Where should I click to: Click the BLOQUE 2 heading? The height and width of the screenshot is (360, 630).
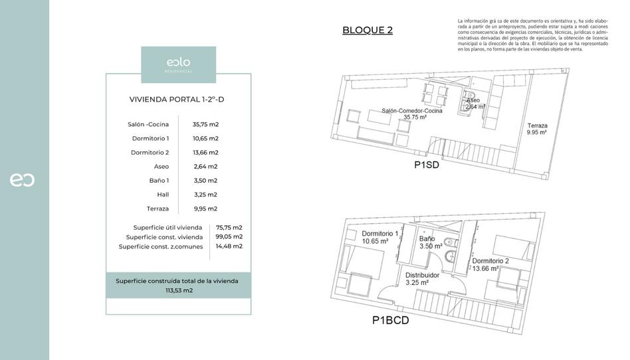(367, 30)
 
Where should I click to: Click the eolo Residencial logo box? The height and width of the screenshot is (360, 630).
(178, 64)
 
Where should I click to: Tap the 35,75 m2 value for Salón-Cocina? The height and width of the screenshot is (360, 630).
(205, 124)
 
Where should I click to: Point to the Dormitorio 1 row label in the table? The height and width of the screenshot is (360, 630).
(150, 138)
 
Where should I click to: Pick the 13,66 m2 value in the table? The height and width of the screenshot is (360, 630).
(205, 152)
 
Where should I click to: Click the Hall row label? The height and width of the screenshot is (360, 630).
(163, 195)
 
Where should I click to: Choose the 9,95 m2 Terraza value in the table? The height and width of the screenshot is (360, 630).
(205, 209)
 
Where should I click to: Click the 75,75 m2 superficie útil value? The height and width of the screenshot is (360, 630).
(229, 227)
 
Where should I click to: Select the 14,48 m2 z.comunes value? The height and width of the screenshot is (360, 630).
(229, 246)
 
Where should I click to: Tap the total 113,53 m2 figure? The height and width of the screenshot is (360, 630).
(179, 290)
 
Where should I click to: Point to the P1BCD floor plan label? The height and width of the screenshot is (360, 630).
(390, 321)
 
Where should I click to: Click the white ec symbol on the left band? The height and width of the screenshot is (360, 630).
(22, 180)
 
